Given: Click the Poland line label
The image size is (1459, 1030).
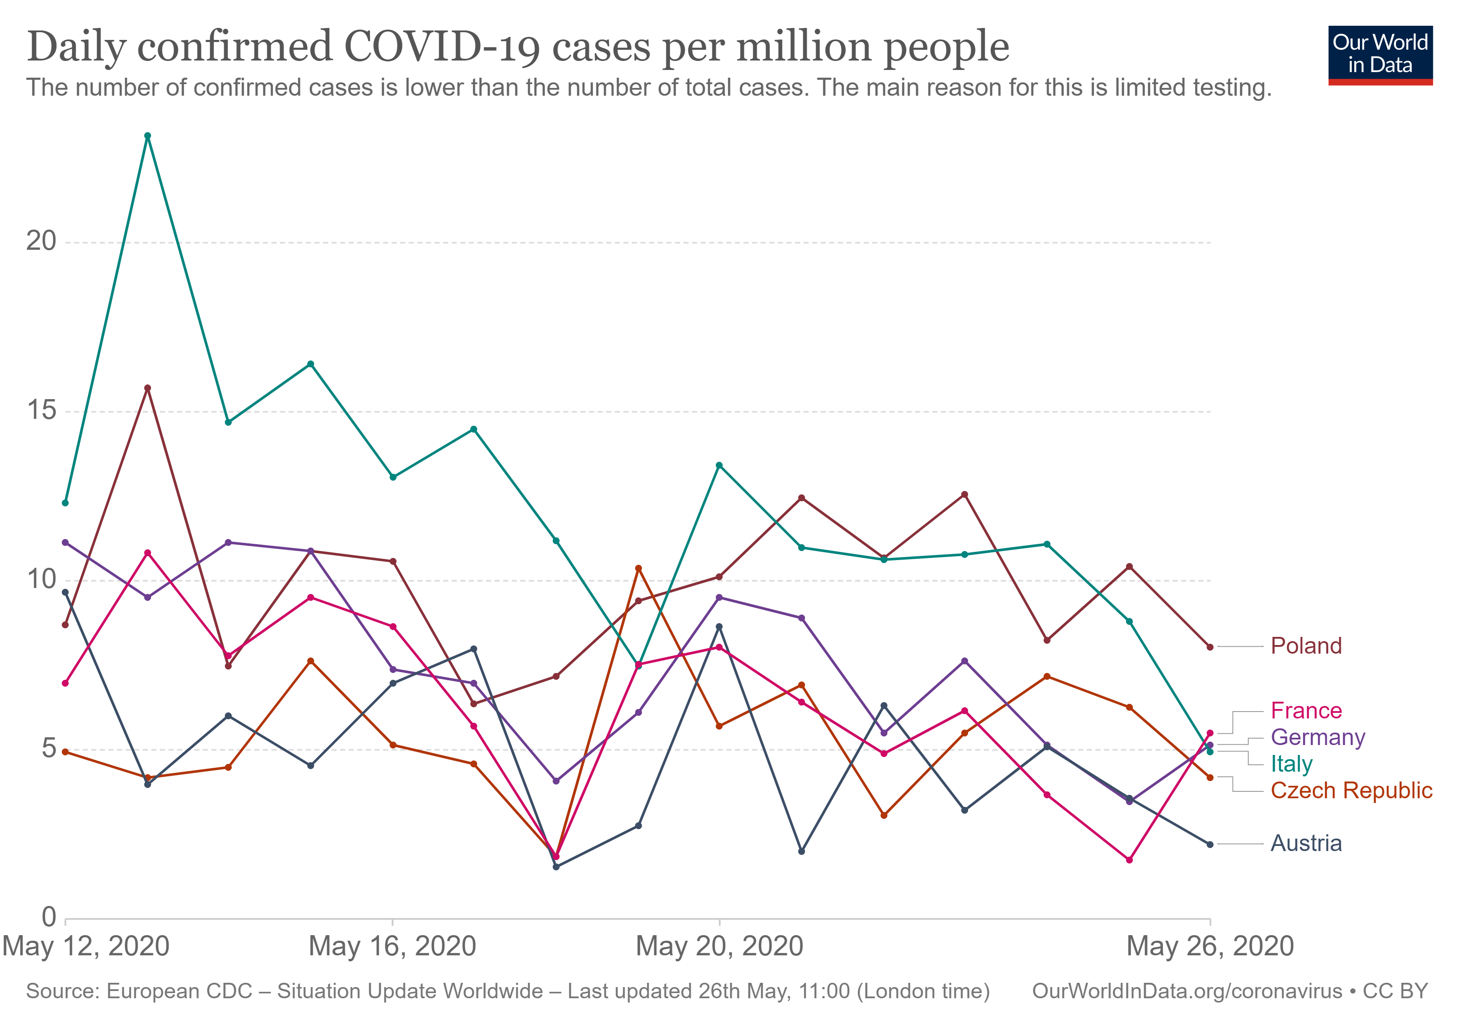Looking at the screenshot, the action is (x=1306, y=646).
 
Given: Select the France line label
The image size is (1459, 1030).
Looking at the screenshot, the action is (x=1306, y=711).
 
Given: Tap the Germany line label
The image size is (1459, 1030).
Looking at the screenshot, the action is (x=1318, y=738).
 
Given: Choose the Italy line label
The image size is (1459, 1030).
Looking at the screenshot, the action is (x=1291, y=764).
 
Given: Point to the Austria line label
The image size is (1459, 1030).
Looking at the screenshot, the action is (x=1306, y=844).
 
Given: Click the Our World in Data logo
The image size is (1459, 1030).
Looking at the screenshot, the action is (x=1380, y=55).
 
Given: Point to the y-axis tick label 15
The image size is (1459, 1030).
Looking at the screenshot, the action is (x=41, y=410).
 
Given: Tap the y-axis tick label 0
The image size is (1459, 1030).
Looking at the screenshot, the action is (x=49, y=918).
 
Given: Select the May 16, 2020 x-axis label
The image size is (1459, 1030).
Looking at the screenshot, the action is (x=392, y=947).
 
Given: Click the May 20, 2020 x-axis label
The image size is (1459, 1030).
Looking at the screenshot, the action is (x=719, y=947).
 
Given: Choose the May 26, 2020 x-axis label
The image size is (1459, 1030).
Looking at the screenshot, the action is (x=1210, y=947).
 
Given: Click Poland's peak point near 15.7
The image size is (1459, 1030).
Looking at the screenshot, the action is (x=148, y=388).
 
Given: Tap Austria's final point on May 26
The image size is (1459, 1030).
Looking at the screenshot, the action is (x=1210, y=845).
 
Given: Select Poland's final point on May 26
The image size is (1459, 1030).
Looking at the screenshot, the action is (x=1210, y=647).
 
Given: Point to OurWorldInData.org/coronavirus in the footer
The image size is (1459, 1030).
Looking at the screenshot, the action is (x=1187, y=992).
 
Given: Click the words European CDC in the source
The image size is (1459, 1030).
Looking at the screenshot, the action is (x=179, y=992).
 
